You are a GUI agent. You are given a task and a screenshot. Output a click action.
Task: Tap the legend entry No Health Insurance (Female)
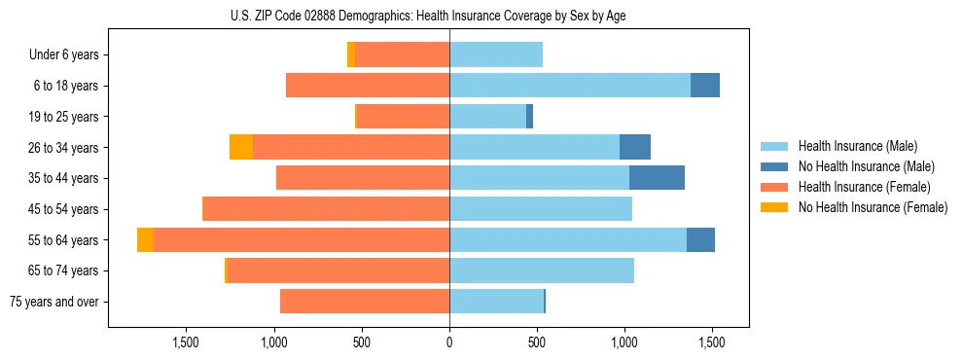873,207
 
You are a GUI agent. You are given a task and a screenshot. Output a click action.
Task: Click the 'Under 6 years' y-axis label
63,55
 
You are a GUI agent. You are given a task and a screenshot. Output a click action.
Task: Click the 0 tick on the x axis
449,342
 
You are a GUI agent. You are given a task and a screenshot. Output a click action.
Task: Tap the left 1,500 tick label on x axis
186,342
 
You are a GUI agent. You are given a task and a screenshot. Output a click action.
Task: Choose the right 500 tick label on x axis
537,342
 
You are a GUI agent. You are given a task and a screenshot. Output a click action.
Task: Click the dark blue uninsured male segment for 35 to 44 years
657,178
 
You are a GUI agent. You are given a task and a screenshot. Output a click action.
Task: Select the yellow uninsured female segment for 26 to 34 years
241,147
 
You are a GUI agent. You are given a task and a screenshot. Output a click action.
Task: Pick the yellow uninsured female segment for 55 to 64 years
145,239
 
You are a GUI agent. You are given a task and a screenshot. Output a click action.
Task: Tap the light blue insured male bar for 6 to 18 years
570,86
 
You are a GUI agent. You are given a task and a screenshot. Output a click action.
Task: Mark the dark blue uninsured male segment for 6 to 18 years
705,86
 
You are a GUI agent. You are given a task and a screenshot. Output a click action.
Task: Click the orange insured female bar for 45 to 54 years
326,209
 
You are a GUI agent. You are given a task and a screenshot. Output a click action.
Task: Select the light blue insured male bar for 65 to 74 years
542,270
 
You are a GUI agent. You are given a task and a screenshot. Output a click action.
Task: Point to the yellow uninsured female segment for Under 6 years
351,55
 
